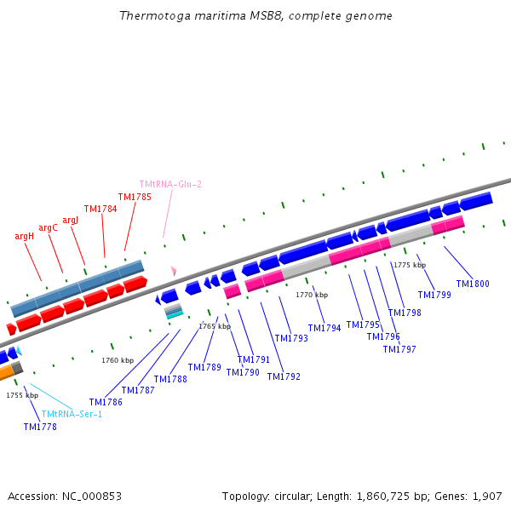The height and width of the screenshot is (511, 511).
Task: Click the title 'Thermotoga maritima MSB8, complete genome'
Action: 255,16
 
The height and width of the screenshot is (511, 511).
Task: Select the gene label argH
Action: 25,236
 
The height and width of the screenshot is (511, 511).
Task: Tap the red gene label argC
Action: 49,227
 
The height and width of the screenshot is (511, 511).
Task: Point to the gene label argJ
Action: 70,220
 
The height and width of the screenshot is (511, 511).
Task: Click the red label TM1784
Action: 100,209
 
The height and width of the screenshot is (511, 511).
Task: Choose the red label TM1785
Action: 135,197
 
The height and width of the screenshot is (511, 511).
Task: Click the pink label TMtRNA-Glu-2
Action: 170,184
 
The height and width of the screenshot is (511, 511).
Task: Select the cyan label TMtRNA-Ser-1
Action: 72,414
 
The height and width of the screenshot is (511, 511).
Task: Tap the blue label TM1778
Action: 40,427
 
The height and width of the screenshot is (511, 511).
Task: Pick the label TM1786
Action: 106,402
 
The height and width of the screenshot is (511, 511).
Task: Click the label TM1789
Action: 204,367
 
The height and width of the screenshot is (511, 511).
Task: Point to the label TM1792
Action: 284,376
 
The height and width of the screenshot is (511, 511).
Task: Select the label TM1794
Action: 324,328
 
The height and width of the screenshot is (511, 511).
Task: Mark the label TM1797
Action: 399,349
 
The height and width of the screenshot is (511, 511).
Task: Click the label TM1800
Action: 473,284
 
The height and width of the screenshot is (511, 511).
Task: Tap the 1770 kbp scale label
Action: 312,295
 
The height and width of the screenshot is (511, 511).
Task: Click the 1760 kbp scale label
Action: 118,360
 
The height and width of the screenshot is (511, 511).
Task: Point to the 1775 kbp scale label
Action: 410,265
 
